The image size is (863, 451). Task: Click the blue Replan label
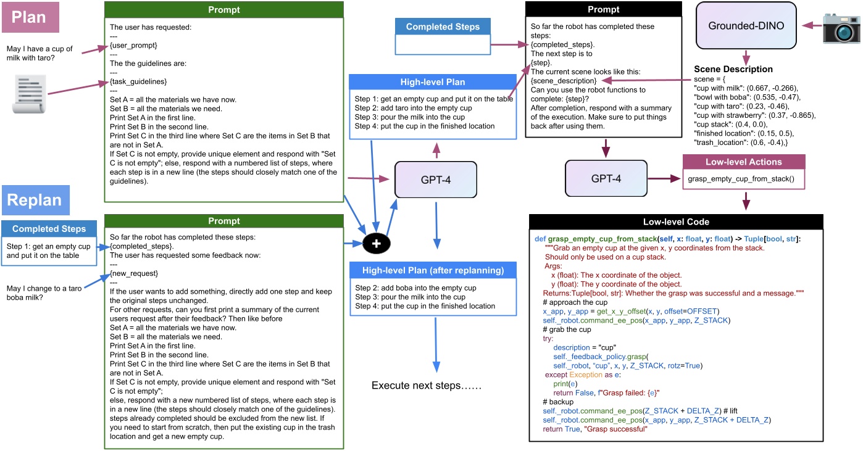tap(35, 200)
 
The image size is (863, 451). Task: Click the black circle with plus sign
tap(377, 244)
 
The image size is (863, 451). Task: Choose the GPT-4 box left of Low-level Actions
tap(606, 179)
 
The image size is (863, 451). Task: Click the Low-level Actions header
tap(744, 162)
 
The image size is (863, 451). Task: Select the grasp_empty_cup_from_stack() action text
tap(741, 180)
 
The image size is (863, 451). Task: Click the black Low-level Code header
tap(677, 221)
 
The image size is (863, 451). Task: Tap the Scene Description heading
tap(733, 69)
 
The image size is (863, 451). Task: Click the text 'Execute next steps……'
tap(426, 386)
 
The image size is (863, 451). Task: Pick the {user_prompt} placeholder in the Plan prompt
tap(133, 46)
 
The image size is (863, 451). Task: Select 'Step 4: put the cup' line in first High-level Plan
tap(425, 126)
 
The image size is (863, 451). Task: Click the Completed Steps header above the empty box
tap(443, 27)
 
